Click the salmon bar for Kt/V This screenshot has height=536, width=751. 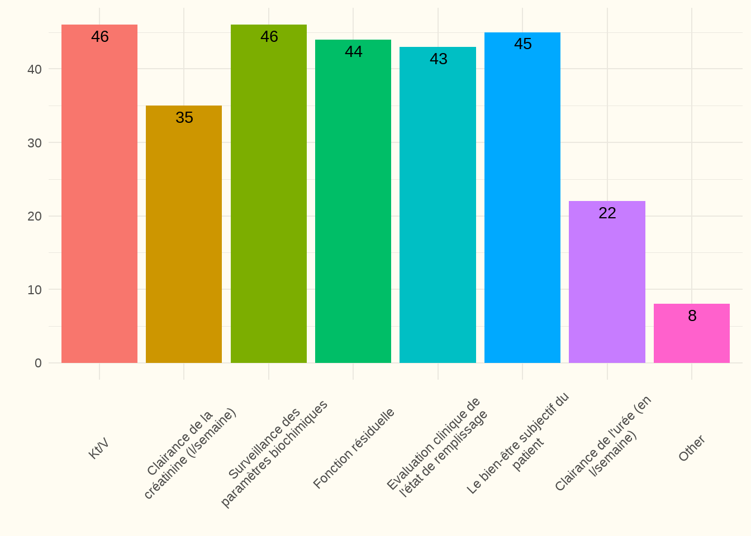pos(99,195)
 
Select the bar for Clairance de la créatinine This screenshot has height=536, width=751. pos(184,234)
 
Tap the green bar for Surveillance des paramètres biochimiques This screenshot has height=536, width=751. pos(269,195)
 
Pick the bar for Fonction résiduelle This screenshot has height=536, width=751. pos(353,201)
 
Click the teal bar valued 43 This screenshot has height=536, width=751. pos(438,207)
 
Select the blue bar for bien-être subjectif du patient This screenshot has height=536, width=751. pos(522,198)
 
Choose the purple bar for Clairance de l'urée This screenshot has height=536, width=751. pos(607,282)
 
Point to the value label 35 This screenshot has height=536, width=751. pos(184,118)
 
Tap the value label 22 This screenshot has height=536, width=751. pos(607,213)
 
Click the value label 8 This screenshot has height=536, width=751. pos(692,316)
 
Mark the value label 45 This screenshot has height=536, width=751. pos(523,44)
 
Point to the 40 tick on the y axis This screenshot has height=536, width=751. pos(35,69)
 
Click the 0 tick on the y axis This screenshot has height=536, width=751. pos(38,363)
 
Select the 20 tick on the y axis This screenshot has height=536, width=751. pos(35,216)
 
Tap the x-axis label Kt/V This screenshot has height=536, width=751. pos(99,448)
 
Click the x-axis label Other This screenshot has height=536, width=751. pos(692,448)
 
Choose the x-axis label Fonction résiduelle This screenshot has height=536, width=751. pos(354,448)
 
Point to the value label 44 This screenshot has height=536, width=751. pos(354,52)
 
